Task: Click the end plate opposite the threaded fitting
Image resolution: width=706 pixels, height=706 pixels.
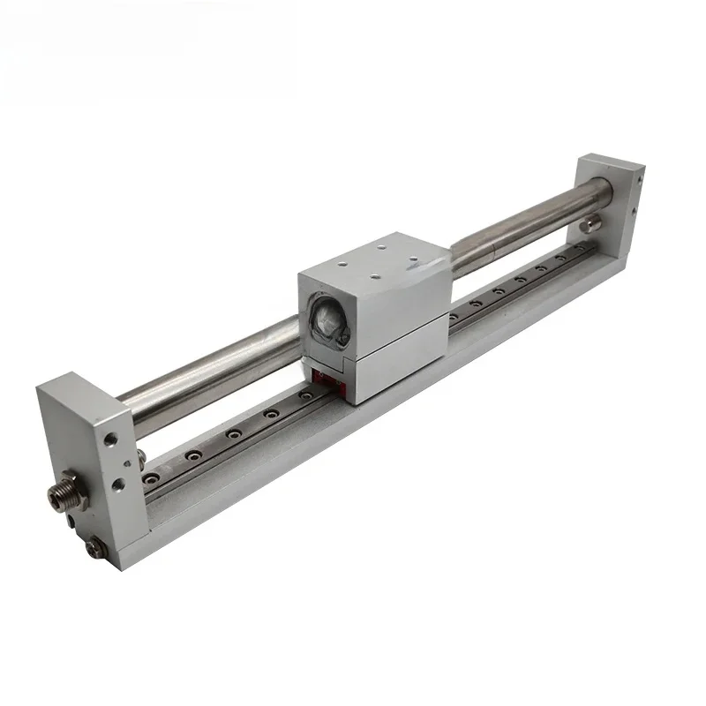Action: tap(609, 203)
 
